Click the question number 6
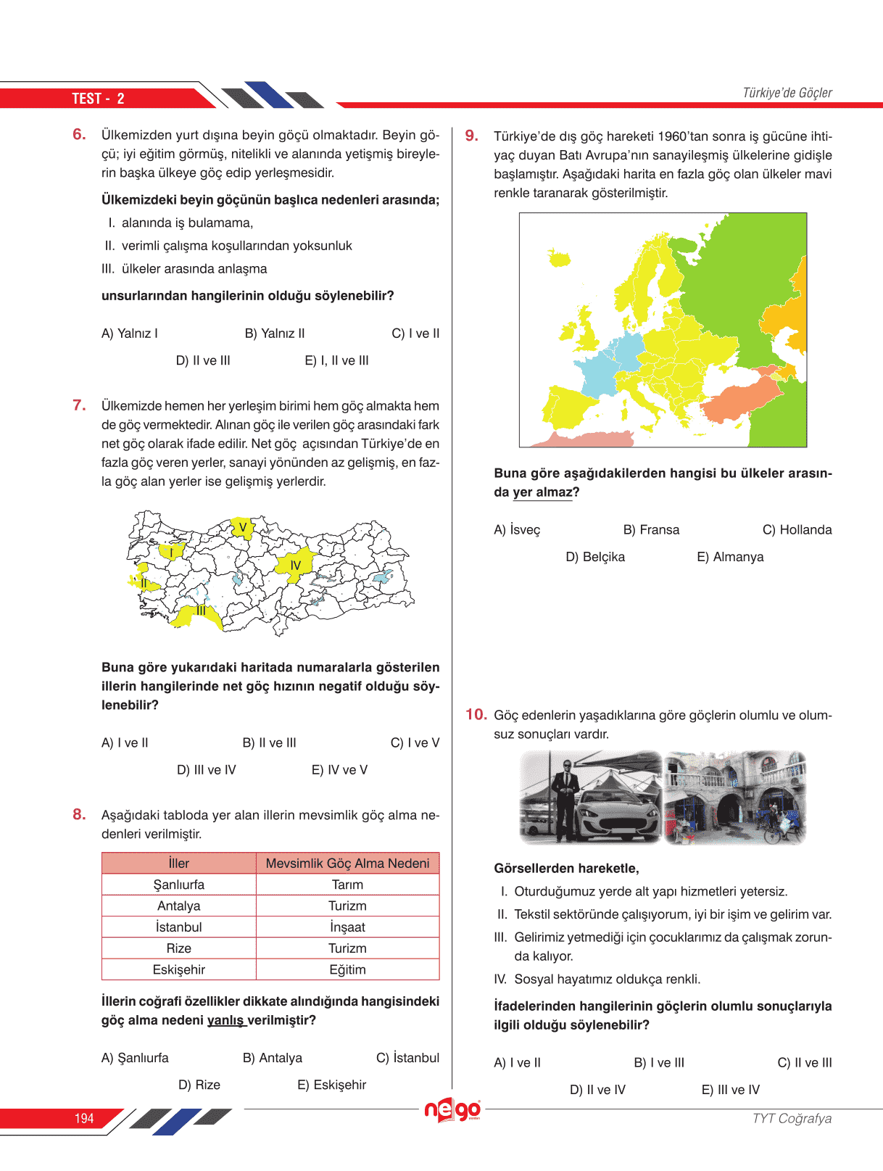pos(79,134)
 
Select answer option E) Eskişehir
pos(331,1085)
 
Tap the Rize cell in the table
pos(178,948)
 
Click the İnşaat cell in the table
pos(347,927)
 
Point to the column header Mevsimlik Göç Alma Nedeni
pos(347,864)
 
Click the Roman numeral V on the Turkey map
pos(243,527)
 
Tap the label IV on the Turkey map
pos(295,566)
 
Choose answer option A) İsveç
pos(517,530)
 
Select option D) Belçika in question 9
pos(594,557)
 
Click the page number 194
pos(84,1118)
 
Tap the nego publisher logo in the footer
pos(452,1110)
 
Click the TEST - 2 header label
pos(98,99)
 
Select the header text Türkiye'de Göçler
pos(787,93)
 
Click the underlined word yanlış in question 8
pos(225,1020)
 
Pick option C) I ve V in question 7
pos(415,742)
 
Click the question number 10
pos(476,715)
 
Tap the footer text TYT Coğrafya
pos(792,1118)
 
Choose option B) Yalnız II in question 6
pos(275,334)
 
